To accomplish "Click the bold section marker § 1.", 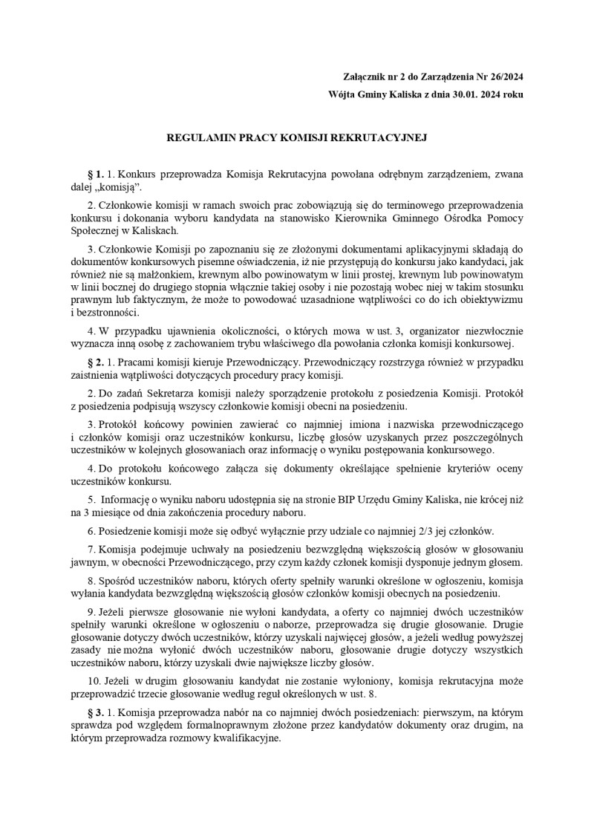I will (x=96, y=174).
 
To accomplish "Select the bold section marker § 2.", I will (x=96, y=361).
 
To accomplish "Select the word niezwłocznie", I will (x=492, y=330).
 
